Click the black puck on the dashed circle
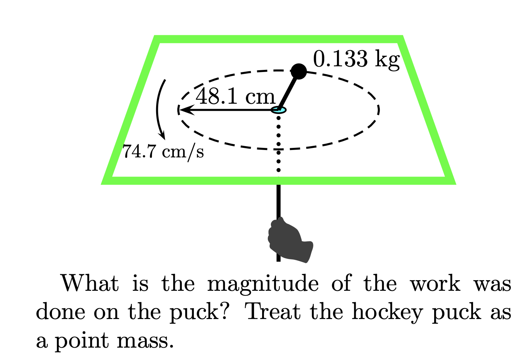[299, 71]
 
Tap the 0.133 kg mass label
[356, 59]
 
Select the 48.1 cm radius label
[235, 97]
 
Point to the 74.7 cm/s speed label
[163, 152]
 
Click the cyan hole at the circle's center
[279, 110]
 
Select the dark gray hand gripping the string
[290, 240]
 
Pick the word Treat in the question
[274, 311]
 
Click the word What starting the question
[90, 283]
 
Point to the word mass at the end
[145, 341]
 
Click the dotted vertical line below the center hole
[279, 144]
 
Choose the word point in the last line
[82, 341]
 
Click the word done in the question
[60, 311]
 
